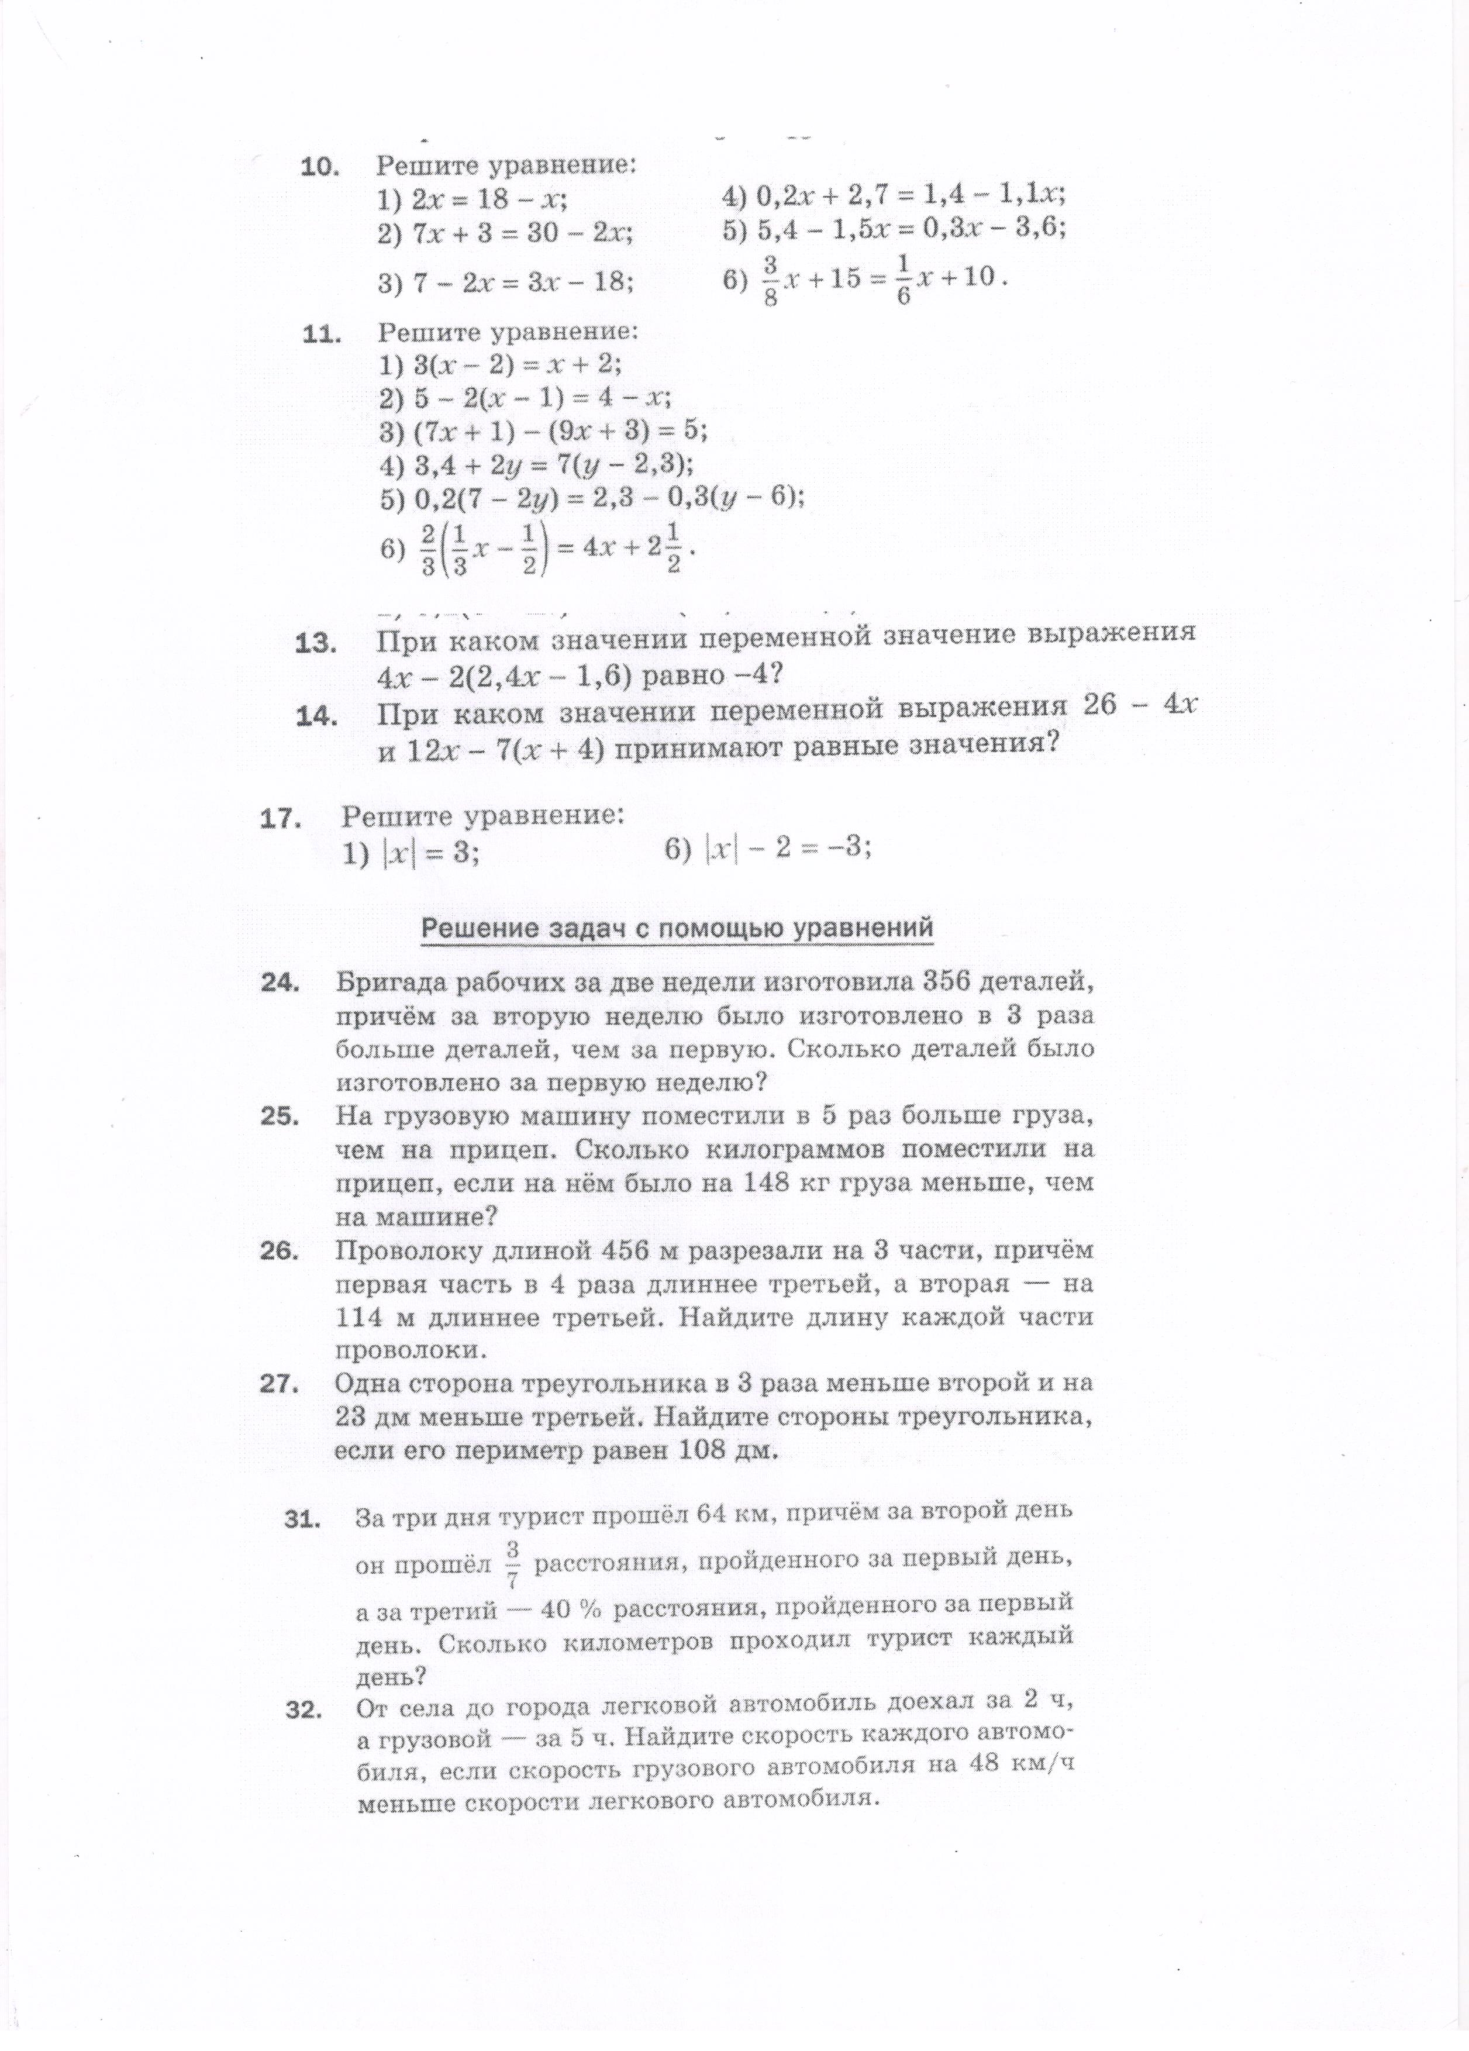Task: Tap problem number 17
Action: pyautogui.click(x=280, y=818)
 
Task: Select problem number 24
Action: pyautogui.click(x=280, y=982)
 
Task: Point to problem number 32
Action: pyautogui.click(x=304, y=1713)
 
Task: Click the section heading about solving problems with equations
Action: pyautogui.click(x=677, y=928)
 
